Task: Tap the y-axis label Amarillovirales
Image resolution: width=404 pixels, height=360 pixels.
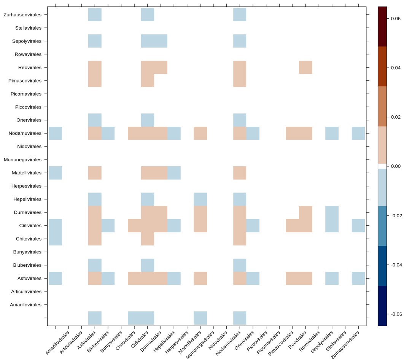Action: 26,305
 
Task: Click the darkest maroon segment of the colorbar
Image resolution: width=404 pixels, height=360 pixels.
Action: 382,27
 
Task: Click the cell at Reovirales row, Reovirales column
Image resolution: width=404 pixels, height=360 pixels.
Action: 306,67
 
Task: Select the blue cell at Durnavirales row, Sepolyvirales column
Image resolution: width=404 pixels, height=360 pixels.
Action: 332,212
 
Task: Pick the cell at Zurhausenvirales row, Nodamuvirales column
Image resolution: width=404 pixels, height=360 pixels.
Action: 240,15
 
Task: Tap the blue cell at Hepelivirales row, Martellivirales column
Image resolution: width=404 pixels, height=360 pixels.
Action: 200,199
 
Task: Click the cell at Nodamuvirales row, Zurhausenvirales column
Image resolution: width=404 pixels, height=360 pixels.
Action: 358,133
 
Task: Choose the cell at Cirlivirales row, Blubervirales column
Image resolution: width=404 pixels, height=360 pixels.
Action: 108,226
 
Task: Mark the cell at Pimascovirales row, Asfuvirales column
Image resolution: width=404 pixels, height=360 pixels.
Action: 95,81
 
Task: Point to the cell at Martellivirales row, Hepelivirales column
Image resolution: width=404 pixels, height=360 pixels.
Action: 174,173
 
